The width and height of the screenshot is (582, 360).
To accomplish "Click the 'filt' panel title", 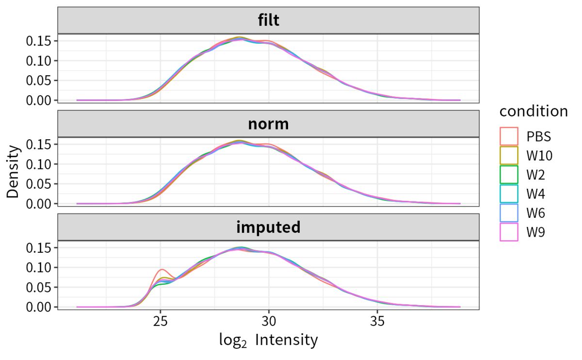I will pos(268,21).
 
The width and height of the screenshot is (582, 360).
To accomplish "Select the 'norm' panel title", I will pos(268,124).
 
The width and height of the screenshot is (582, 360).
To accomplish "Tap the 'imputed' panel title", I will pos(268,227).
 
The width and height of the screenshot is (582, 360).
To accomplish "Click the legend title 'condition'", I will pos(533,111).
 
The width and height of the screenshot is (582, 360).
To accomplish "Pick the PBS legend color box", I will pos(509,136).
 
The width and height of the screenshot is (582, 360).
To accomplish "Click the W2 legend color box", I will pos(509,175).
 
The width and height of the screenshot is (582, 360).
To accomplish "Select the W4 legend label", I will pos(536,194).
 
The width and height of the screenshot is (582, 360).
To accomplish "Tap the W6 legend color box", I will pos(509,213).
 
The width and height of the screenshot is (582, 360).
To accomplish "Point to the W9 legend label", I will pos(536,233).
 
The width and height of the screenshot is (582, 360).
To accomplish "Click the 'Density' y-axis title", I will pos(14,171).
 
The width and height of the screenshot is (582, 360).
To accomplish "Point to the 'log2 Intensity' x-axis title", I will pos(268,340).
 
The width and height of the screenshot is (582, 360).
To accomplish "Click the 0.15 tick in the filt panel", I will pos(39,41).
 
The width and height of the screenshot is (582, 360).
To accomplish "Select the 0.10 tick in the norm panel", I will pos(39,164).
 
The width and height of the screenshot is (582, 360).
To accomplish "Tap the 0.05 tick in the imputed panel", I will pos(39,287).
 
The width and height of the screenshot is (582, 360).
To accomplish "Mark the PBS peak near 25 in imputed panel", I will pos(162,270).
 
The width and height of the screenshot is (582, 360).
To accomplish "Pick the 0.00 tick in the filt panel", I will pos(39,100).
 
